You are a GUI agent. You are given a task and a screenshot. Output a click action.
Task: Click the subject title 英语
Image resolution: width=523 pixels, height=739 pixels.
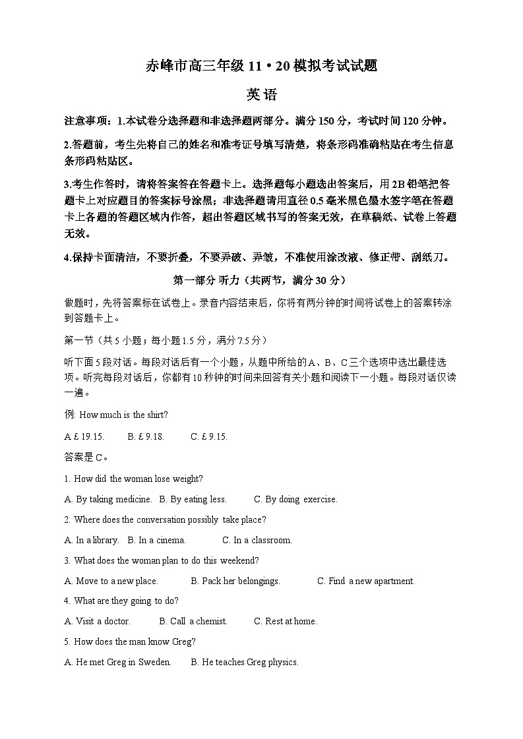261,94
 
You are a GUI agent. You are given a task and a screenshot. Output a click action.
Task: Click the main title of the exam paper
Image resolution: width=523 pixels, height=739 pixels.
261,66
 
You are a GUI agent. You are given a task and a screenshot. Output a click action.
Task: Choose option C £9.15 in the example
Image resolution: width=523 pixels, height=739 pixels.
208,436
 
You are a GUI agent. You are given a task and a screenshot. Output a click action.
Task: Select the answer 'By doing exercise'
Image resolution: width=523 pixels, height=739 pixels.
295,499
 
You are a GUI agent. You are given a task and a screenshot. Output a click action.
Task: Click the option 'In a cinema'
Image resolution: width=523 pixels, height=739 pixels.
157,540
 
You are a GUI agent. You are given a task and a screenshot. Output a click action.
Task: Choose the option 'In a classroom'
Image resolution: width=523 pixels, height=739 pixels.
257,540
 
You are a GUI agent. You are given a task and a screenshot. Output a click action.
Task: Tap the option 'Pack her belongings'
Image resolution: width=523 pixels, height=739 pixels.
235,581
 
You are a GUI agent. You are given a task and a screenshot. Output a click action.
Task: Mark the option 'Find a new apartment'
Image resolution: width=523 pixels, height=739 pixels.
366,581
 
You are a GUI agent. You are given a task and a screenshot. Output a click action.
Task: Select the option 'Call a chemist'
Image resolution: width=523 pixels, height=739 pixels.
193,621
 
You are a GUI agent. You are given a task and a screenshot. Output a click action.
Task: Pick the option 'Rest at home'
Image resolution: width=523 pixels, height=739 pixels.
286,621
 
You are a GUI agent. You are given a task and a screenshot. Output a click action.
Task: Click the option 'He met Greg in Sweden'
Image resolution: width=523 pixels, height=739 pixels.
118,662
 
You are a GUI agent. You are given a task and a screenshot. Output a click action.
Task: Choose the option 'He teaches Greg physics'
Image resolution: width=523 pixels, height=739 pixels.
245,662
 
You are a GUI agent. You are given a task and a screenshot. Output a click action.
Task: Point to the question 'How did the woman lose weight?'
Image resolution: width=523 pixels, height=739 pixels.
138,479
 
